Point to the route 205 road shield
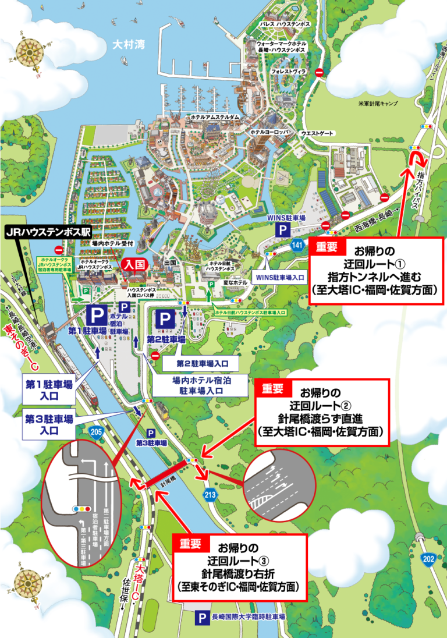97,431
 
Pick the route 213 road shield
210,494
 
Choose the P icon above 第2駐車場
165,319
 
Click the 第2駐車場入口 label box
200,364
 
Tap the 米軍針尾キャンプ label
377,103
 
